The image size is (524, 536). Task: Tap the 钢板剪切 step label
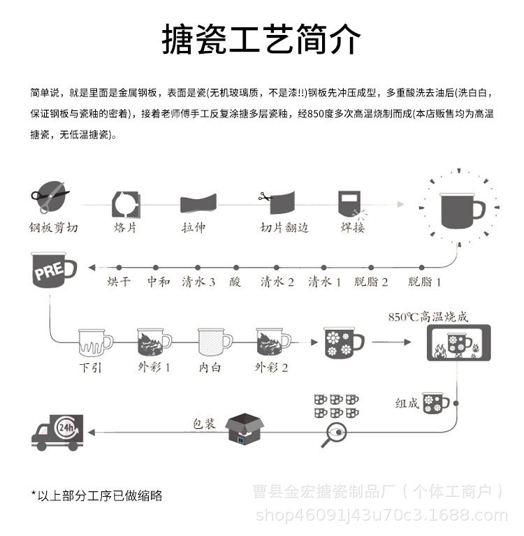[x=54, y=227]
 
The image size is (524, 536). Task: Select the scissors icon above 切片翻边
[x=264, y=196]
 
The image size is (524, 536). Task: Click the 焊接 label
[x=352, y=227]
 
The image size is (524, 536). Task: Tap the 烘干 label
[x=119, y=282]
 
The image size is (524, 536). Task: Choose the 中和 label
[x=158, y=282]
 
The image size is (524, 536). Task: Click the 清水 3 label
[x=198, y=282]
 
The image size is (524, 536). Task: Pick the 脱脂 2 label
[x=372, y=282]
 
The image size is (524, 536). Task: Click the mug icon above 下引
[x=95, y=342]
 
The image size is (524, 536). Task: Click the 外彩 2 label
[x=272, y=367]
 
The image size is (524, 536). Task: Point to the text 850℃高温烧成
[x=428, y=317]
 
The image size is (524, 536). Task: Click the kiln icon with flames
[x=458, y=342]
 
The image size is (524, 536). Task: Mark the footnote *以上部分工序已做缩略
[x=96, y=495]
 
